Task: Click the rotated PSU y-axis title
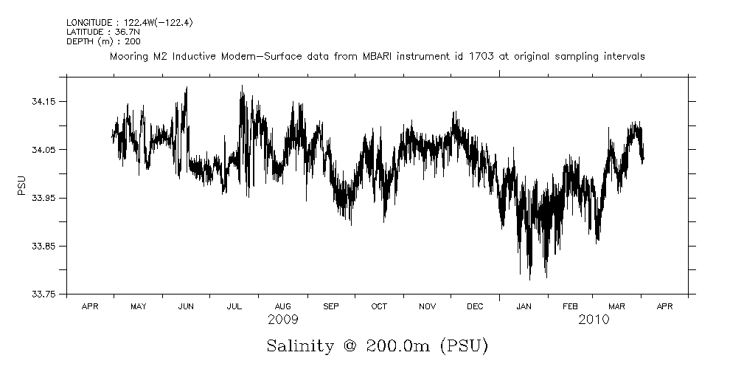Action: click(x=21, y=185)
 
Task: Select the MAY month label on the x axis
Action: click(x=138, y=306)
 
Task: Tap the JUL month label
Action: click(x=234, y=306)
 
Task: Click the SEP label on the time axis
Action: click(x=331, y=306)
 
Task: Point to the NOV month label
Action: click(x=427, y=306)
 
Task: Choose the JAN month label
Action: click(x=524, y=306)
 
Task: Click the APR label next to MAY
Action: click(x=90, y=306)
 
